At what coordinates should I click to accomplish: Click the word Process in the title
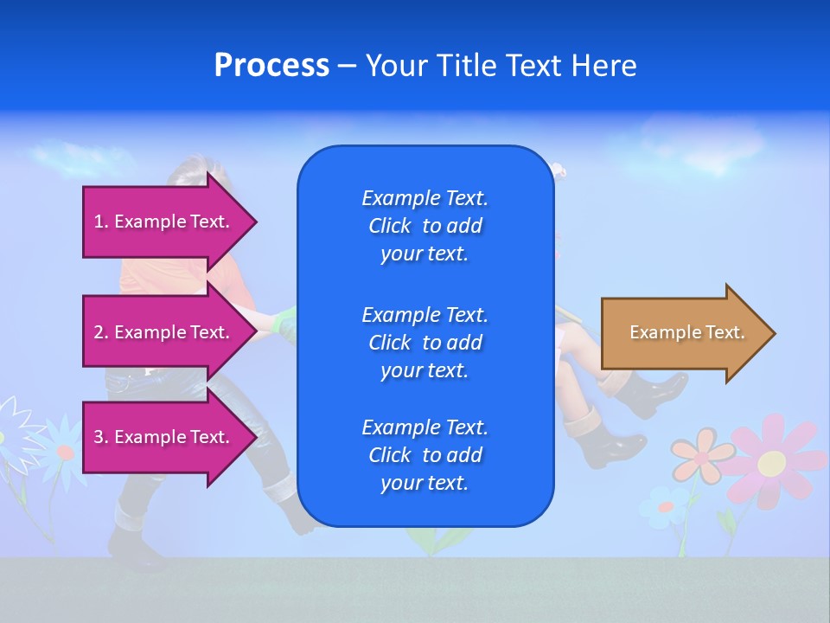click(271, 66)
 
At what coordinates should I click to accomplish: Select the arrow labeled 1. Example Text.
click(164, 222)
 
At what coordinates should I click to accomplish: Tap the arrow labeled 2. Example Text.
click(164, 332)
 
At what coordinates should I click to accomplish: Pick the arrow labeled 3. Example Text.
click(164, 437)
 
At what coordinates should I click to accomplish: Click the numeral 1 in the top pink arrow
click(99, 222)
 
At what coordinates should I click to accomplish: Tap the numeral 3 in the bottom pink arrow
click(99, 437)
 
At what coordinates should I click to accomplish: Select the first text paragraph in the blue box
click(425, 226)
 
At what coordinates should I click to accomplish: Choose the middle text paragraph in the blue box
click(425, 342)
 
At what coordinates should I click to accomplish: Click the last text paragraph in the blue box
click(425, 455)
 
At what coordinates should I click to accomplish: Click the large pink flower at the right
click(772, 459)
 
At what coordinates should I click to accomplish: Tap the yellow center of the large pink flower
click(771, 463)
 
